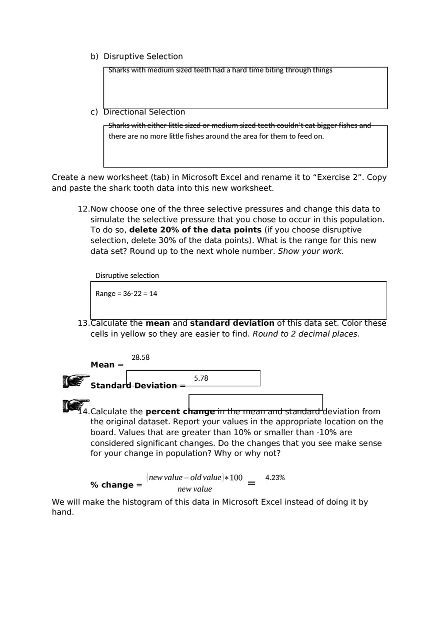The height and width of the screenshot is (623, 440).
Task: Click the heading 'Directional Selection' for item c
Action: point(144,112)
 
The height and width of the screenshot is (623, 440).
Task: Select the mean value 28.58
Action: point(140,357)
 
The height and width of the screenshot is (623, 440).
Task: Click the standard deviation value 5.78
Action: point(201,378)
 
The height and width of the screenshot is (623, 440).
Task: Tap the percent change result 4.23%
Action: point(275,478)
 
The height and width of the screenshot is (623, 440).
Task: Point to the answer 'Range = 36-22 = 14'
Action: point(126,294)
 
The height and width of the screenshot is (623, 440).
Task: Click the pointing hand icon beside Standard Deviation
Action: point(76,381)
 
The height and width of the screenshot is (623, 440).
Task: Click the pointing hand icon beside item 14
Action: point(76,405)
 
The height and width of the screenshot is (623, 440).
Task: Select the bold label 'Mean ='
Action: point(106,365)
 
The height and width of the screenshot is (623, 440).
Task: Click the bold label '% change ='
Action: point(116,485)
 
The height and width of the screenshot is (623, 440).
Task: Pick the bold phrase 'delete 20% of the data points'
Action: point(195,230)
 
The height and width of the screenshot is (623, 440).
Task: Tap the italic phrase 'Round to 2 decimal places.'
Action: point(306,334)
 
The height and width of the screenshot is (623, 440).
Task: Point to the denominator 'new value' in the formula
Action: point(194,489)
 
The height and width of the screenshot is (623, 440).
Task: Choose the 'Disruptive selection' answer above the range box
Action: point(127,275)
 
